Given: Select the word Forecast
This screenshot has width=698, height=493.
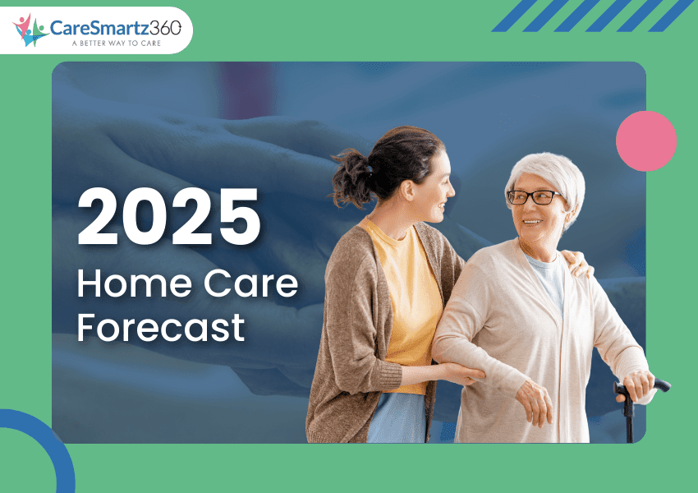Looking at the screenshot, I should click(161, 326).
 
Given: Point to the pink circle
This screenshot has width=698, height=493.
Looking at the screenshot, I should click(646, 141).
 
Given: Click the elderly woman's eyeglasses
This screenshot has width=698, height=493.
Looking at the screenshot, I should click(535, 197).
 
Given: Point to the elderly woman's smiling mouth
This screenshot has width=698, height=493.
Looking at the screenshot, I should click(531, 221).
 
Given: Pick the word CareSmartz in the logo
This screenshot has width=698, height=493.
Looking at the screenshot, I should click(99, 26).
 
